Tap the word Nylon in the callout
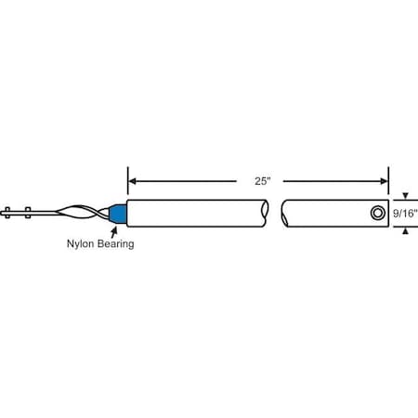[x=80, y=247]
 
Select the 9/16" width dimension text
[x=405, y=213]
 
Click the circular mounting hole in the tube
[x=376, y=213]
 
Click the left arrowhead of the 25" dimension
[x=132, y=180]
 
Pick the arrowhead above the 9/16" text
[x=404, y=196]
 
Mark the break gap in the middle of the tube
[x=276, y=213]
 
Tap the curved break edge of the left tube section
[x=269, y=213]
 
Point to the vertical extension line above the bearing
[x=126, y=181]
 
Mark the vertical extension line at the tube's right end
[x=388, y=181]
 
